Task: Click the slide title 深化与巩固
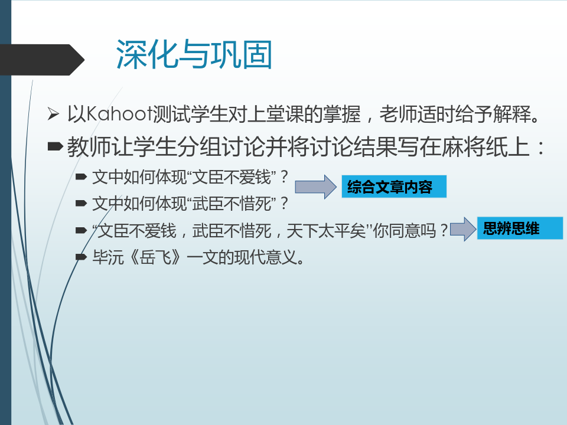(194, 54)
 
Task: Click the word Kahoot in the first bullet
(119, 114)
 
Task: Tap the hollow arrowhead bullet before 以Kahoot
(53, 114)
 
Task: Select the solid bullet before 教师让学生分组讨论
(56, 146)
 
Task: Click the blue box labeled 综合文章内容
(394, 187)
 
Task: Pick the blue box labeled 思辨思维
(520, 228)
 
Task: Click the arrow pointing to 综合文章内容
(315, 187)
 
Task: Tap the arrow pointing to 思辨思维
(463, 229)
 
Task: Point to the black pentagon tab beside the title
(42, 60)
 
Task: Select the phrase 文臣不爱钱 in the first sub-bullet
(232, 177)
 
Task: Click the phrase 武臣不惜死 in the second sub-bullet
(232, 204)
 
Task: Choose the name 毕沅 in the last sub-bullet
(108, 257)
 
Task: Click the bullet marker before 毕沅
(81, 257)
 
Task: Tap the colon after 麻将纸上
(540, 148)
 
